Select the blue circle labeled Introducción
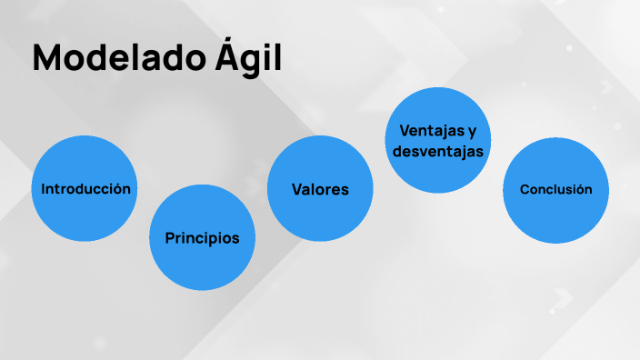tap(85, 189)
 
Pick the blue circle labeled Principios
tap(202, 238)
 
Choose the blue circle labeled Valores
tap(320, 189)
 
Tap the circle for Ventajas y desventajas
tap(437, 141)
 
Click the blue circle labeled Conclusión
tap(555, 189)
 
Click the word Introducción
tap(85, 189)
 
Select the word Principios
tap(202, 238)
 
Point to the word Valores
tap(320, 189)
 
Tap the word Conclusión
tap(555, 189)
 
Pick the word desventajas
tap(437, 151)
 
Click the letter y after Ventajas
tap(472, 131)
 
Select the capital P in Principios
tap(170, 238)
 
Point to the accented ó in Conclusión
tap(578, 189)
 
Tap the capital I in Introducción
tap(44, 189)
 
